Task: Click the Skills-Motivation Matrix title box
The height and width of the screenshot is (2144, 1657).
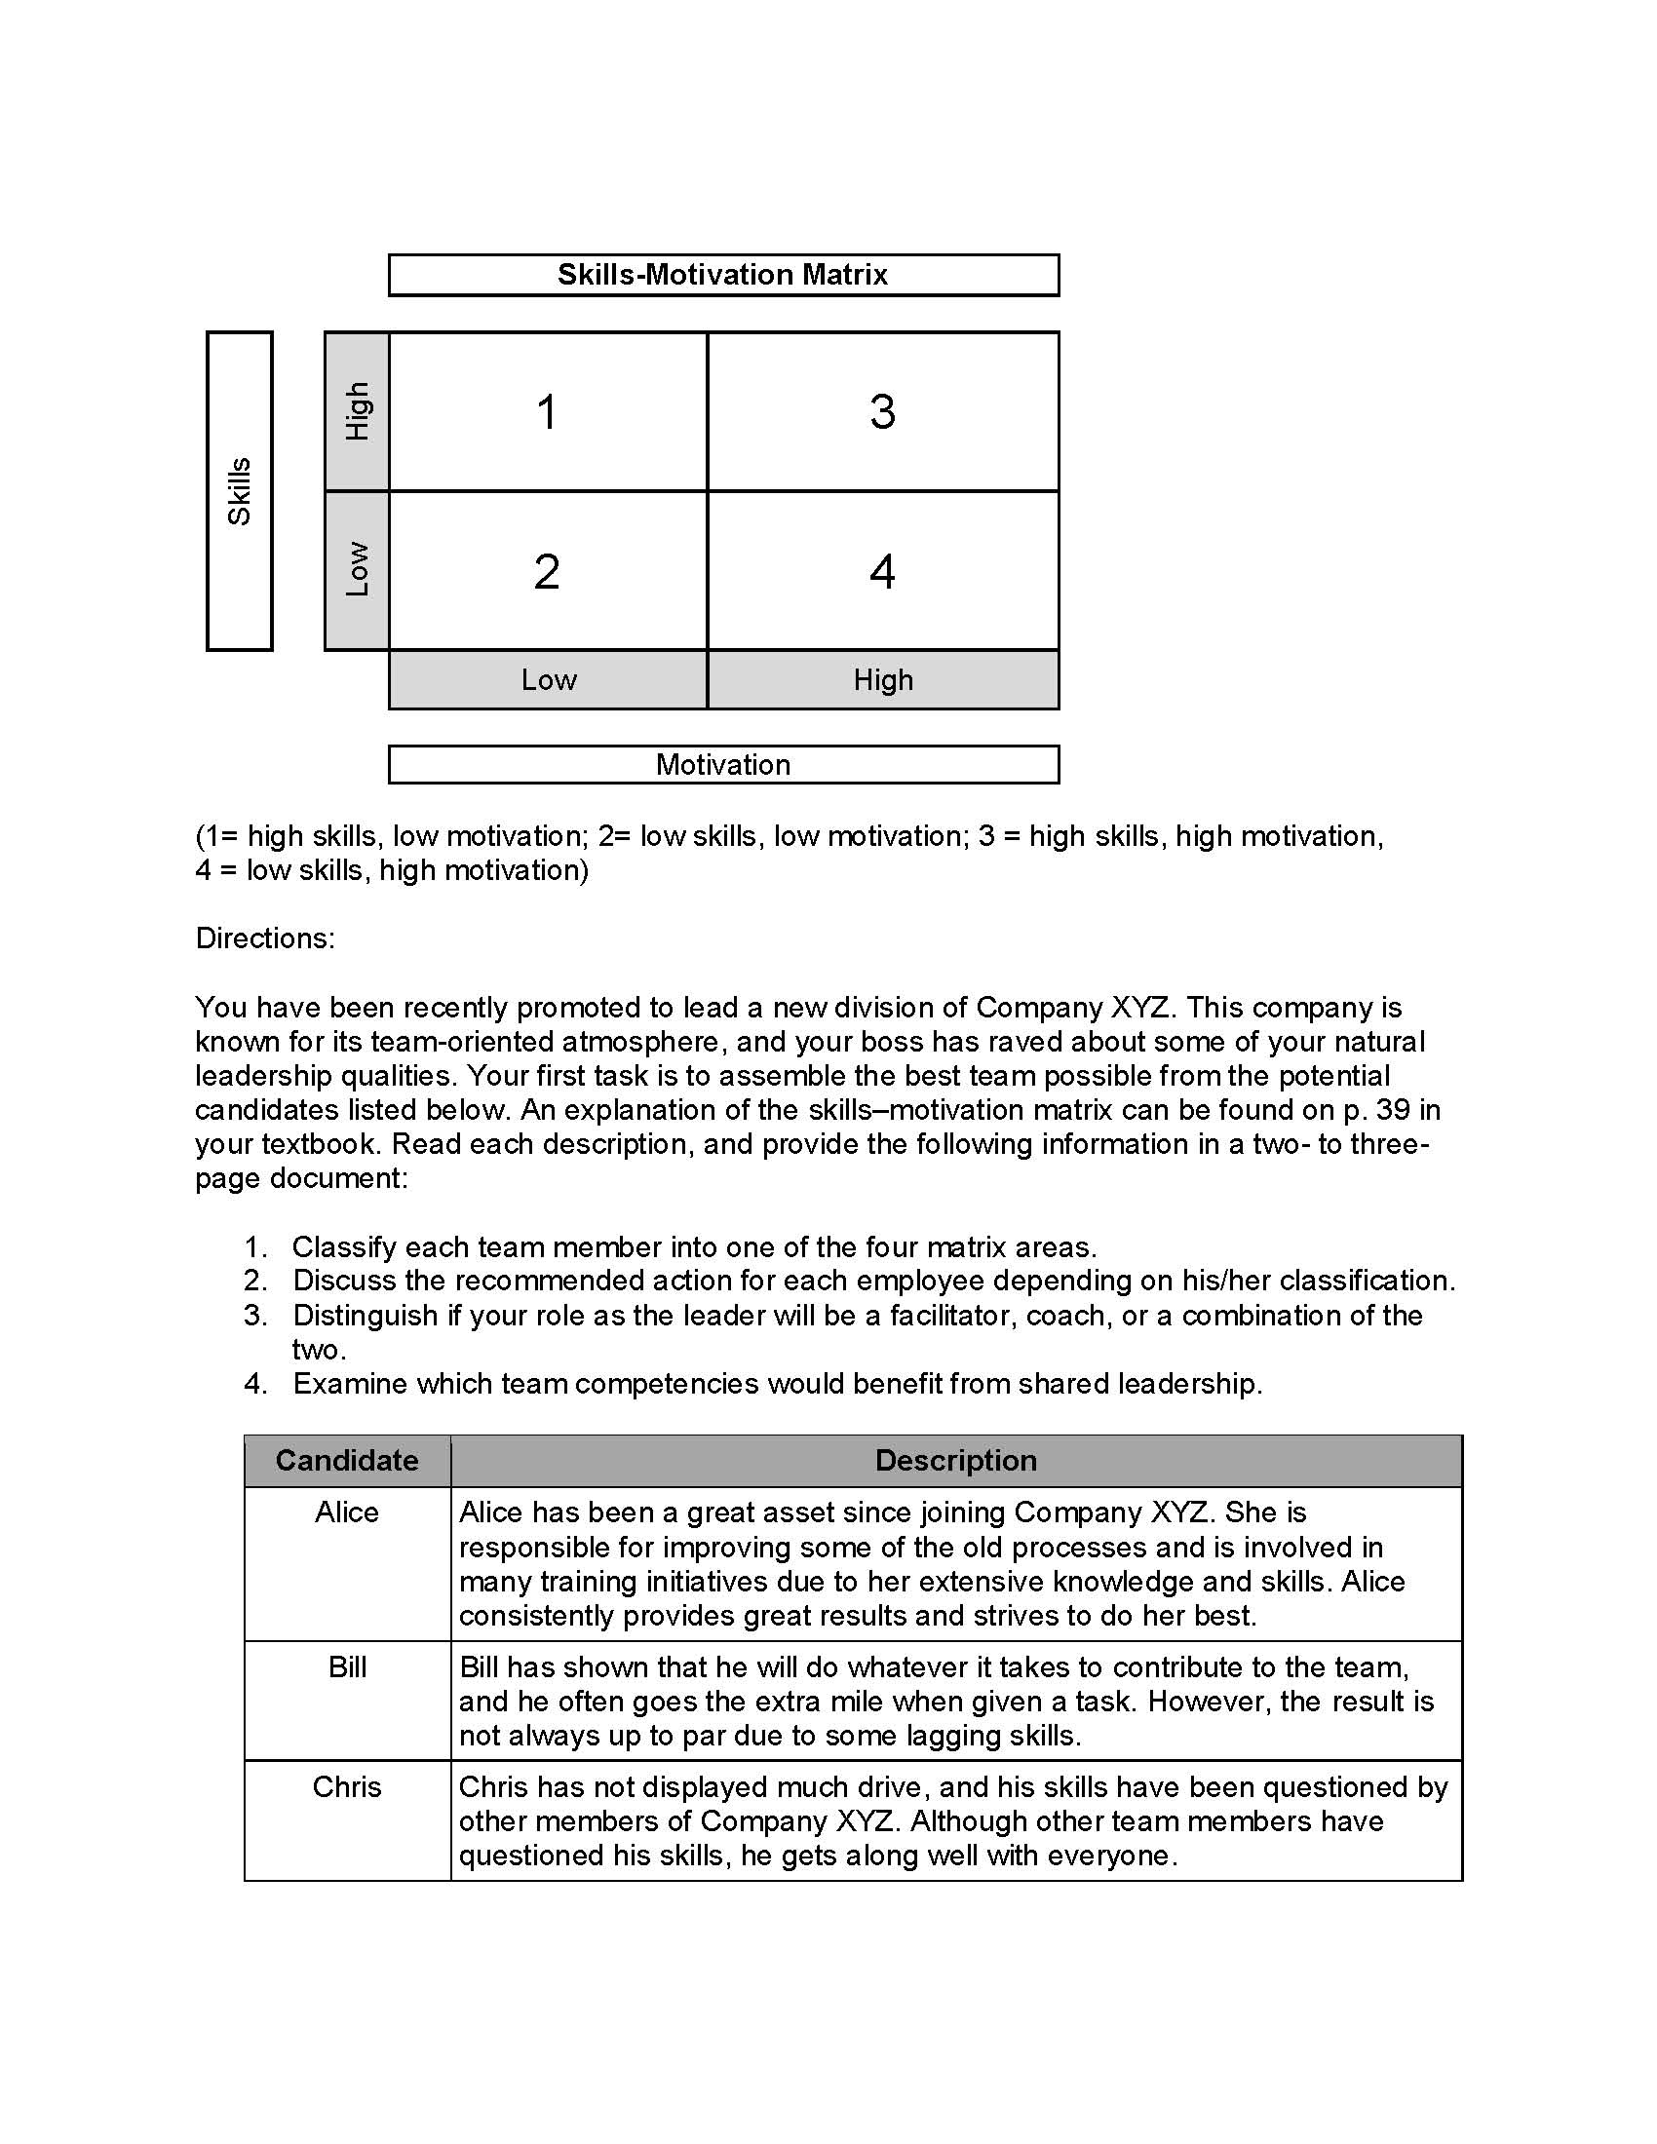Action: coord(722,275)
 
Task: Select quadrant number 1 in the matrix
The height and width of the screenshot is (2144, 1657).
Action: coord(548,411)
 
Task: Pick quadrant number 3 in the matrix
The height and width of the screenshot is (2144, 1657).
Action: coord(882,411)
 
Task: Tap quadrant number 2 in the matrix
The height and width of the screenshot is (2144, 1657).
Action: coord(548,571)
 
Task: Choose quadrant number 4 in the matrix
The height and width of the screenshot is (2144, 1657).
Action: coord(882,571)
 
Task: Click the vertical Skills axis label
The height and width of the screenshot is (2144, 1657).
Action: coord(240,491)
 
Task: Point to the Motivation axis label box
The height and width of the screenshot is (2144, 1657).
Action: coord(722,764)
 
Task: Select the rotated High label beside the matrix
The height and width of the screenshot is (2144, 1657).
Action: coord(358,411)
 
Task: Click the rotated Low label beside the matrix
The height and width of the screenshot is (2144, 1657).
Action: coord(358,569)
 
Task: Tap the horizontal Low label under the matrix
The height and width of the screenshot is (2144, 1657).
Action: coord(549,679)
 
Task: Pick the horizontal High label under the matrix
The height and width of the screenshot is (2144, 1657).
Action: coord(882,679)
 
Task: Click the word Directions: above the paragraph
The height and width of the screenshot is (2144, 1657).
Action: coord(265,938)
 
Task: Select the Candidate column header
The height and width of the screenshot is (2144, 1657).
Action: coord(347,1461)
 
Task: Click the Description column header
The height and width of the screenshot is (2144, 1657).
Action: coord(955,1461)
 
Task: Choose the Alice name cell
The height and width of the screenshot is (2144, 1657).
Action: coord(347,1512)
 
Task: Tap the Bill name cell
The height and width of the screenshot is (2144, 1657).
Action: coord(347,1666)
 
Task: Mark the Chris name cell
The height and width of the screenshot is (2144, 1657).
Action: coord(347,1786)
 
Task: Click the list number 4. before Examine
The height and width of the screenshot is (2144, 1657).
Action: coord(255,1384)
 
